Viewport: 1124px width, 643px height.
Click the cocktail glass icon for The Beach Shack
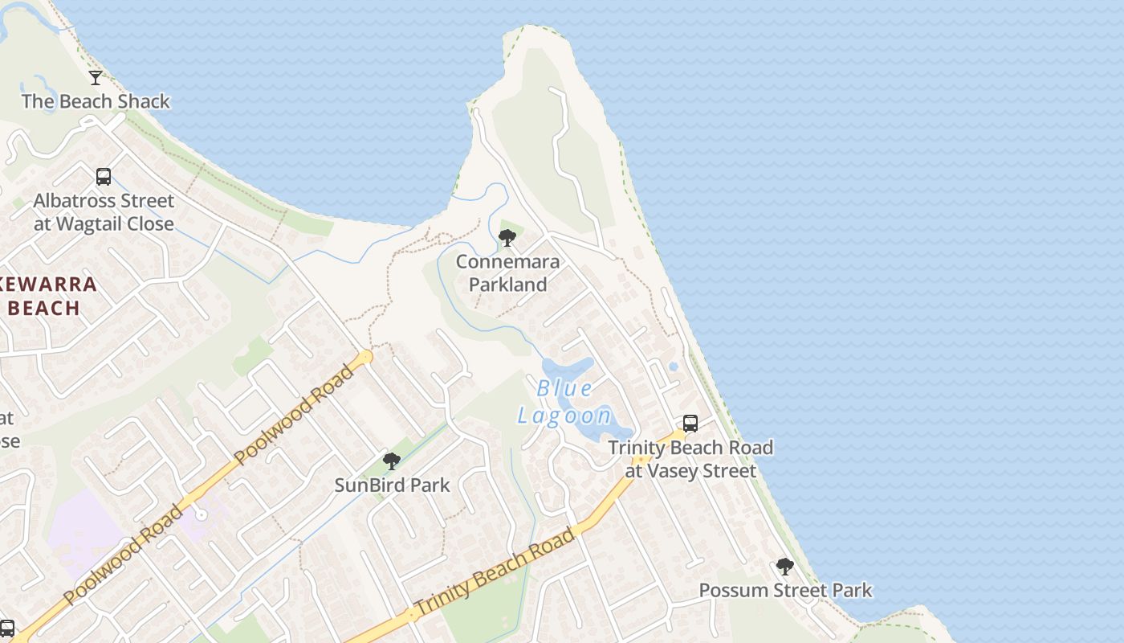[x=96, y=78]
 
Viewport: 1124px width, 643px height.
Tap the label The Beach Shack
[x=96, y=101]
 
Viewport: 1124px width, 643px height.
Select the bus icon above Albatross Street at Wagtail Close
[x=103, y=177]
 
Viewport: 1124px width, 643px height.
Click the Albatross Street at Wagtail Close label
[x=104, y=212]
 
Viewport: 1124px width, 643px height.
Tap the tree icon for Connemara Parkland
[x=507, y=238]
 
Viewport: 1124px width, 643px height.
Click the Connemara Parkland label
[x=507, y=273]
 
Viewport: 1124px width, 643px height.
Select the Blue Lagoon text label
[x=565, y=402]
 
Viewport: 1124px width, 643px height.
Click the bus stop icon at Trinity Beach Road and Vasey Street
[x=690, y=424]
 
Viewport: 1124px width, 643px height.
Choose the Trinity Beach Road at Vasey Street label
[x=690, y=459]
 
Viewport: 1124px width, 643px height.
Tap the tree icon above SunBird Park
[x=392, y=461]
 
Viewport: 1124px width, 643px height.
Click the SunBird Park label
[x=392, y=485]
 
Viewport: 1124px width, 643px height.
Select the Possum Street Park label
[x=785, y=591]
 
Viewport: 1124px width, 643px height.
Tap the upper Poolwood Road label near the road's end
[x=295, y=415]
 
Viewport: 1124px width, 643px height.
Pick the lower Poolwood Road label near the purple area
[x=123, y=555]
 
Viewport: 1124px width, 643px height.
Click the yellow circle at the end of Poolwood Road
[x=366, y=356]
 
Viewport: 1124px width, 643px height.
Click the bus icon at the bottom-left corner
[x=6, y=628]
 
